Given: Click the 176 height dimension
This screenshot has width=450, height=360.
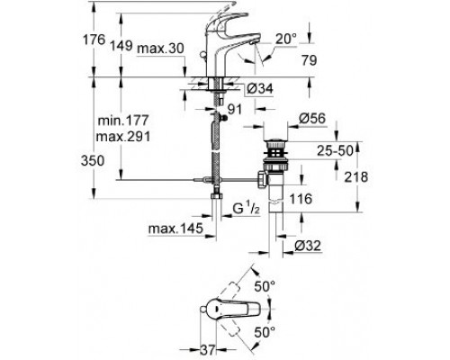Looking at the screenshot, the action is [x=94, y=40].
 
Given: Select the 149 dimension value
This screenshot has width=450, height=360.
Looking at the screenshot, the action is [x=121, y=46].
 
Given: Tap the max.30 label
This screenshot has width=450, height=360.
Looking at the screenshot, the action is [x=160, y=49].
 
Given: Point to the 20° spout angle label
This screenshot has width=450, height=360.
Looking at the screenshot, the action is [x=286, y=39].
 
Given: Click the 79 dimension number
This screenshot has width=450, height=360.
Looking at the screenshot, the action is [x=309, y=60].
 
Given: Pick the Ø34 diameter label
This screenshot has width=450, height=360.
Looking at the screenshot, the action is [x=260, y=88].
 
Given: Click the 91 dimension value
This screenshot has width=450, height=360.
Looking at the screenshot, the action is [x=234, y=110].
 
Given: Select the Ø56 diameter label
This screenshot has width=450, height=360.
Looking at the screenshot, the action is [x=312, y=118].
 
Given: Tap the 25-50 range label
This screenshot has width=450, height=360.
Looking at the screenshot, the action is [x=336, y=151].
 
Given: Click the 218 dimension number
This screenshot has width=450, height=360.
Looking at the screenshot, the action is [x=355, y=177].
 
